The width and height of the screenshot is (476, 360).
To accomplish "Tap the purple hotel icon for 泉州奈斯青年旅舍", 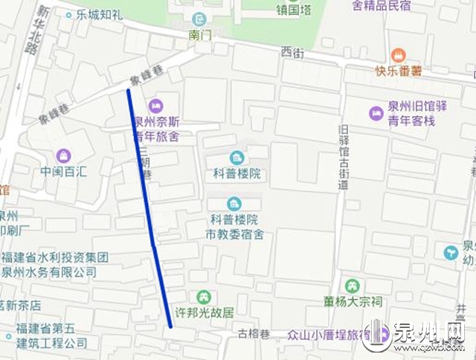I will (x=156, y=105).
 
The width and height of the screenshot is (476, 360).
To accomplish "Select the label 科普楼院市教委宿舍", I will (x=235, y=228).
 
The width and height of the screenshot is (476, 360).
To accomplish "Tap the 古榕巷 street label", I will (x=253, y=334).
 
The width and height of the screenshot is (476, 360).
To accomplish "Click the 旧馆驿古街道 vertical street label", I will (x=342, y=152).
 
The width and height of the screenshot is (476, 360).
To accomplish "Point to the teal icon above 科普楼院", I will (x=237, y=157).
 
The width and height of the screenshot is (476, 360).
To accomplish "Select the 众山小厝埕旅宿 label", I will (x=328, y=335).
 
